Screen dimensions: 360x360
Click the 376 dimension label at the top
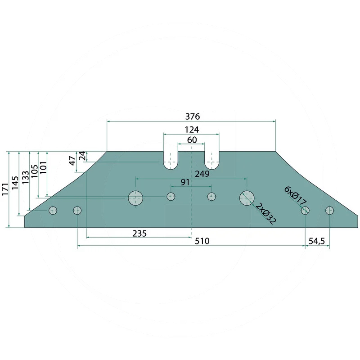(193, 117)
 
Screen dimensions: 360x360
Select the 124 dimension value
(192, 130)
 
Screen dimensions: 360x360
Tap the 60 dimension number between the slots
(192, 140)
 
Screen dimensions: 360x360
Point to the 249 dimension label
(202, 174)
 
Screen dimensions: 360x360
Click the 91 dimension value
(185, 182)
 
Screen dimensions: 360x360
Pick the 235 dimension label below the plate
(139, 234)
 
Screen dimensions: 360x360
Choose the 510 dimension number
(202, 241)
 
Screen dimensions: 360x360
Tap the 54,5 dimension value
(317, 241)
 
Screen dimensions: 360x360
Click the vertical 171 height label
(5, 189)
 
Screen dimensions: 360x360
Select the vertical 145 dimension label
(15, 183)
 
